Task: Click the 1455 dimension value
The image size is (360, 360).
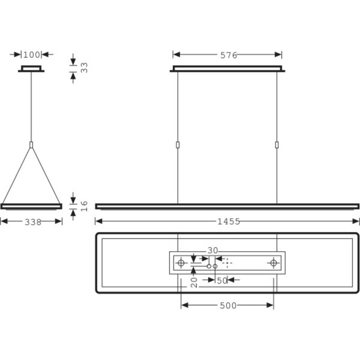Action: pyautogui.click(x=229, y=221)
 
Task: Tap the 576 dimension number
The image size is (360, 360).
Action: pyautogui.click(x=229, y=55)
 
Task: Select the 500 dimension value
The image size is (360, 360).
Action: pyautogui.click(x=228, y=306)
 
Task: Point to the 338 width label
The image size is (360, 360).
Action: pyautogui.click(x=33, y=222)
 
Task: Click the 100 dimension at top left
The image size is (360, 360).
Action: pyautogui.click(x=31, y=55)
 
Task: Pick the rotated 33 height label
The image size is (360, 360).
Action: pyautogui.click(x=84, y=67)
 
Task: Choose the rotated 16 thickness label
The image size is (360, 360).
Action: pyautogui.click(x=84, y=206)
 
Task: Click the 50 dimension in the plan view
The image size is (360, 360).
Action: pyautogui.click(x=222, y=280)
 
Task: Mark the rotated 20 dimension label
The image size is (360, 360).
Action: pyautogui.click(x=194, y=282)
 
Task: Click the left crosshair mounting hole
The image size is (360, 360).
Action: pyautogui.click(x=181, y=263)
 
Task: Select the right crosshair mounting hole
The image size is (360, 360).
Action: pyautogui.click(x=274, y=263)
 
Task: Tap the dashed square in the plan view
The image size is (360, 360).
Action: pyautogui.click(x=226, y=263)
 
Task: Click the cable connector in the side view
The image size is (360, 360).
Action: pyautogui.click(x=31, y=145)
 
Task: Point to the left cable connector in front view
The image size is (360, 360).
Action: pyautogui.click(x=178, y=145)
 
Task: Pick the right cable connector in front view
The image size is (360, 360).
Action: pyautogui.click(x=277, y=145)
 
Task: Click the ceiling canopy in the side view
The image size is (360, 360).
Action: pyautogui.click(x=31, y=69)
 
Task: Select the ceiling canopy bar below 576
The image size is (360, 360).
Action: pyautogui.click(x=228, y=69)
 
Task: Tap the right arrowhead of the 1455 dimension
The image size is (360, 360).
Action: pyautogui.click(x=356, y=221)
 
